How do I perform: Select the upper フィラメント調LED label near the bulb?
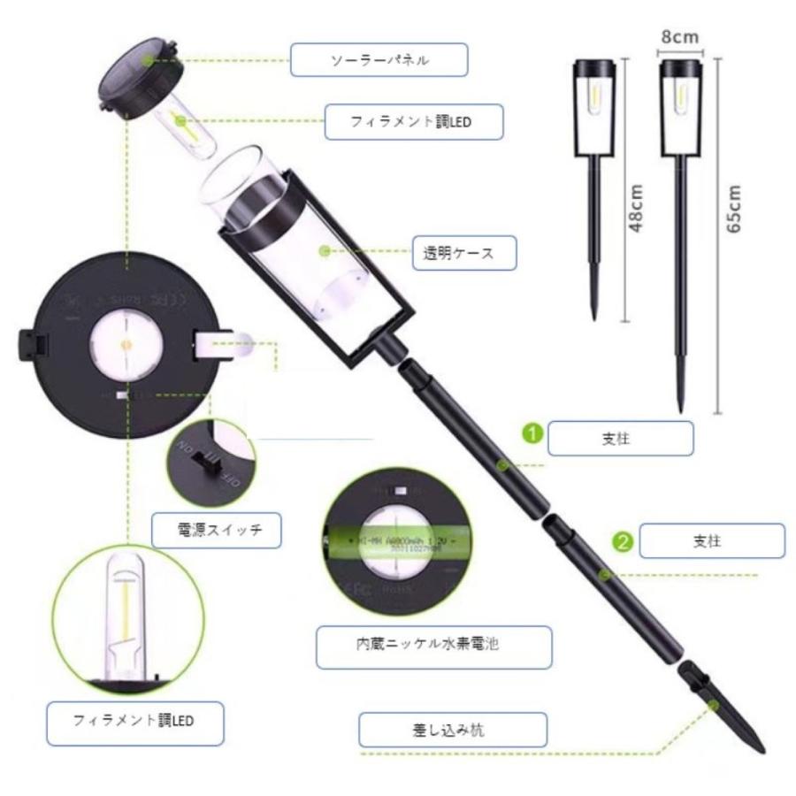click(x=412, y=122)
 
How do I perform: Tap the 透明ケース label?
click(x=465, y=253)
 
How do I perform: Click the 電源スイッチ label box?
click(x=217, y=531)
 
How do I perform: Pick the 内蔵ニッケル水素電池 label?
click(x=433, y=645)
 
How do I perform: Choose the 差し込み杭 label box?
click(x=452, y=731)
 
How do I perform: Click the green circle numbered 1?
click(x=531, y=434)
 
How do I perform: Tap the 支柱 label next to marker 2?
click(x=712, y=540)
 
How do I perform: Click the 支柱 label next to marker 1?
click(x=621, y=438)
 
